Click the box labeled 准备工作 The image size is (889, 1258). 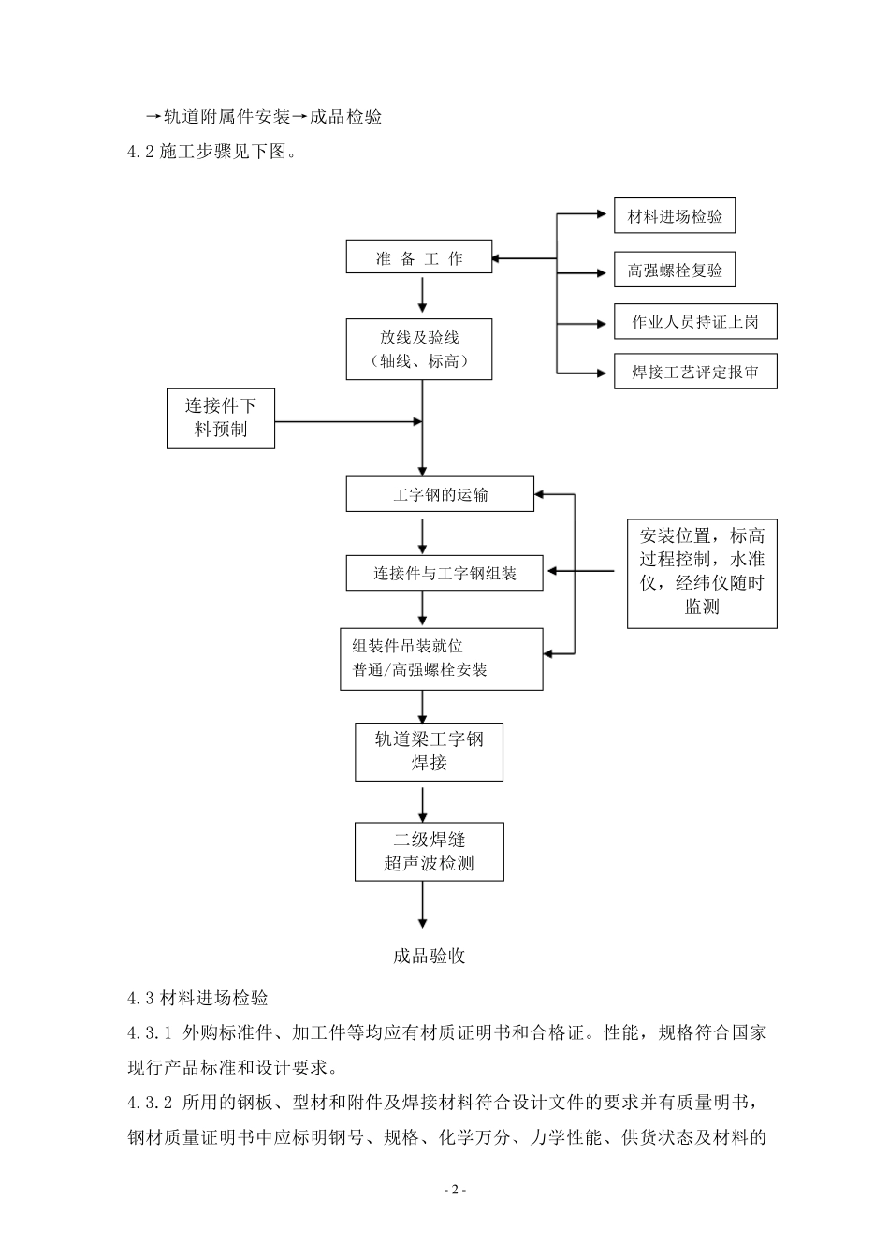click(418, 257)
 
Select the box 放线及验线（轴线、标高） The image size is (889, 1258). click(418, 349)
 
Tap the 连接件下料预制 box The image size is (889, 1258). click(221, 417)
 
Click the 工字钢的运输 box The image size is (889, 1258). click(440, 494)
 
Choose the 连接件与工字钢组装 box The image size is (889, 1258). click(444, 573)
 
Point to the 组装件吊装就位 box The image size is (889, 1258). click(441, 659)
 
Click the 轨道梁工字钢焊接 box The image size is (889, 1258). click(429, 751)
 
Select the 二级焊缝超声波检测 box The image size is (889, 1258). click(429, 851)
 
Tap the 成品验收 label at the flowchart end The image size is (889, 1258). click(429, 956)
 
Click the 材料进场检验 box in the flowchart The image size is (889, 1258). click(675, 216)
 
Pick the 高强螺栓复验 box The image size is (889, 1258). click(675, 271)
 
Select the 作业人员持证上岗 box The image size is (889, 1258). click(695, 322)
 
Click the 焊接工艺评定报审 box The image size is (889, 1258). click(695, 372)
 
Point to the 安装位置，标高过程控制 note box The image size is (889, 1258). click(702, 571)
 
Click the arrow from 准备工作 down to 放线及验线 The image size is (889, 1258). click(423, 295)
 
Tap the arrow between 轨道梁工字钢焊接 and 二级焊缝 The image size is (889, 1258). click(423, 802)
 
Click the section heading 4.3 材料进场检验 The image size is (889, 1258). click(198, 998)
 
